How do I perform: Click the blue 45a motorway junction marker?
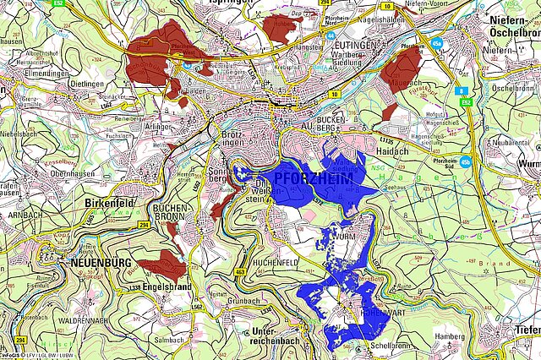click(x=437, y=41)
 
